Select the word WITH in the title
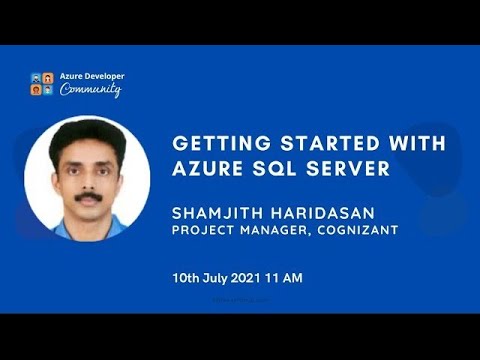374,143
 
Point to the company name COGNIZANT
362,231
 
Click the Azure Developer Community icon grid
42,84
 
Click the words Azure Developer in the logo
92,76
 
